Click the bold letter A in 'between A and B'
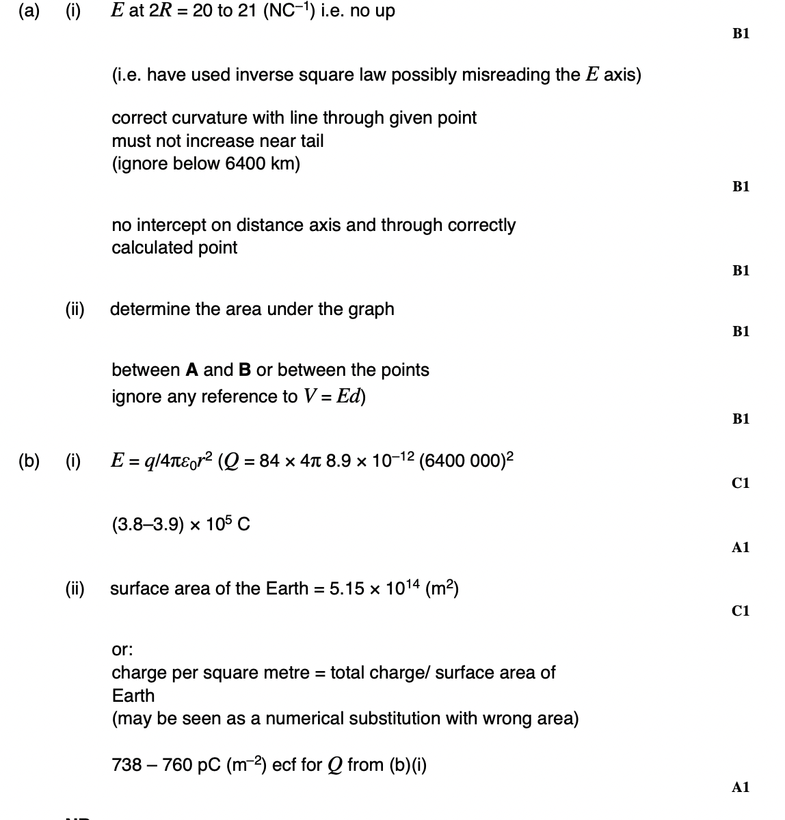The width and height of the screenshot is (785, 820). click(x=192, y=370)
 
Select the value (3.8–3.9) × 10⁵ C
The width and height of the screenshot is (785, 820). click(x=181, y=525)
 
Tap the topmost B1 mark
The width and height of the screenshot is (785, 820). click(x=741, y=33)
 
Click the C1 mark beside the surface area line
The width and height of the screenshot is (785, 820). click(x=741, y=611)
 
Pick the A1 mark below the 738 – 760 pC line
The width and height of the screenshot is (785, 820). click(x=741, y=787)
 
